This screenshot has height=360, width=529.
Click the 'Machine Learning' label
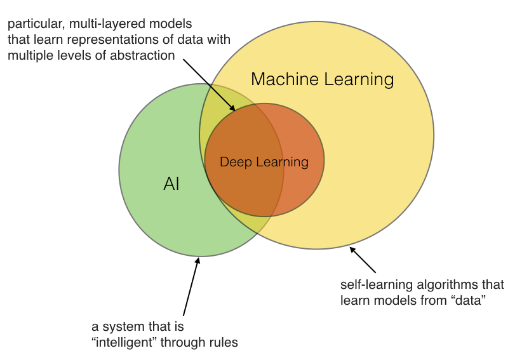coord(322,79)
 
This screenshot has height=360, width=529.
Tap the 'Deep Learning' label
coord(264,162)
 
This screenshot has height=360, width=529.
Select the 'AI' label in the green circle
coord(171,184)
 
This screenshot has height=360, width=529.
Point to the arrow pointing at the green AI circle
coord(191,286)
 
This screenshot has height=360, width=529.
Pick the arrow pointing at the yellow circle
coord(363,260)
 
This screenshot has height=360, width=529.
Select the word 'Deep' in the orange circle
coord(232,162)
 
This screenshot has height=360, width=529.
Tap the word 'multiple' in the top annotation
coord(29,55)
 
